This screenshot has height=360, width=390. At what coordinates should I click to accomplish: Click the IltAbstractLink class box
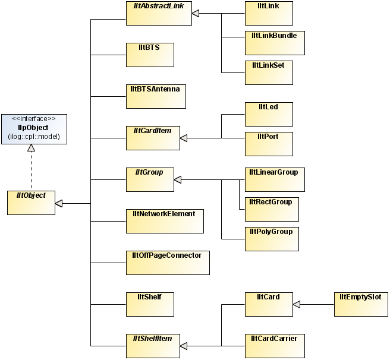[x=158, y=12]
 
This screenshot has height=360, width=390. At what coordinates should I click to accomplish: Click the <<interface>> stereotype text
[x=34, y=118]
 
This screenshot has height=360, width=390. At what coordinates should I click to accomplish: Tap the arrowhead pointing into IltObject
[x=59, y=203]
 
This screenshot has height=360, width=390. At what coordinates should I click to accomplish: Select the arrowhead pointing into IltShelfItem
[x=184, y=346]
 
